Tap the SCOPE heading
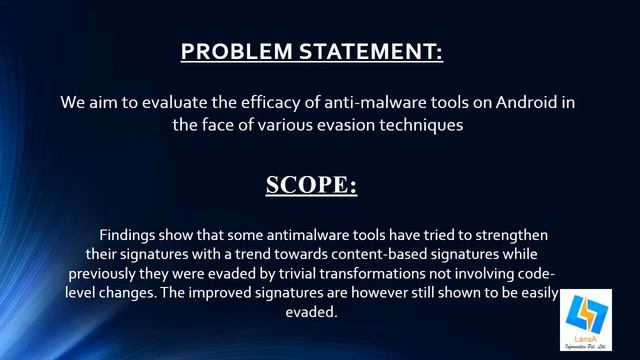point(311,186)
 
